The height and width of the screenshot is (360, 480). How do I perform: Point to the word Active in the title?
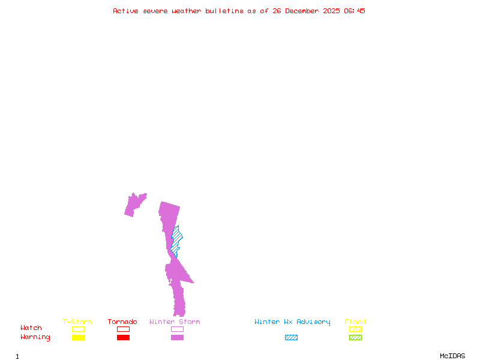click(x=125, y=11)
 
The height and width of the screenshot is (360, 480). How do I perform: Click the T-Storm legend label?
click(x=77, y=322)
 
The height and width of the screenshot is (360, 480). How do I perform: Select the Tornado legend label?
click(x=122, y=322)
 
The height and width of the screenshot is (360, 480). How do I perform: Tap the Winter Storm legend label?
click(x=175, y=322)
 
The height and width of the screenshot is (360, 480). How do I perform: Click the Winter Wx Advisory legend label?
click(x=292, y=322)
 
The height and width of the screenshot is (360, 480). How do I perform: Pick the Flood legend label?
click(x=355, y=322)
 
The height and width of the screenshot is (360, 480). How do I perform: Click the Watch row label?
click(x=31, y=328)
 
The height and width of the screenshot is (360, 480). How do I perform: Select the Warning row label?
click(x=35, y=337)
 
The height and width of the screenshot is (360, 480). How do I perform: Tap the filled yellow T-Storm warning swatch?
click(x=78, y=338)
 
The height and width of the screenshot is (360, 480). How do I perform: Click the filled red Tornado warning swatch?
click(x=123, y=338)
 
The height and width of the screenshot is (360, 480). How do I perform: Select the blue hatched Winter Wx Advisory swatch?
click(x=291, y=338)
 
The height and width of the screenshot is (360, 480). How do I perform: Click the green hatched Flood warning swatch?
click(x=355, y=338)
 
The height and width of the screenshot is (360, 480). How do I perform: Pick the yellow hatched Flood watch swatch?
click(x=355, y=329)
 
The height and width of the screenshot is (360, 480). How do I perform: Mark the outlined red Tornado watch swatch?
click(x=123, y=329)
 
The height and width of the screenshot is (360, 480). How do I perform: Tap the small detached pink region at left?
click(x=134, y=205)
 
